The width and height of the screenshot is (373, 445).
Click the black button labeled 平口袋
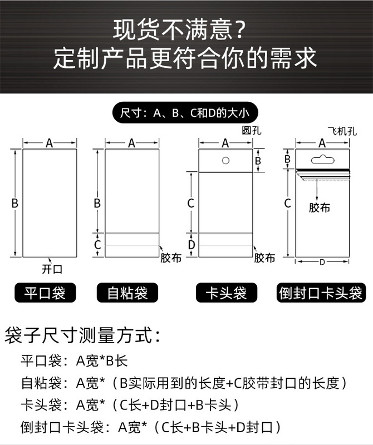44,293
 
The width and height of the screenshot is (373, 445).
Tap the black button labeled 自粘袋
127,293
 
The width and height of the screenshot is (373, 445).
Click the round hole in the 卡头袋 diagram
226,161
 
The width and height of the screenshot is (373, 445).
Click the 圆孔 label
251,131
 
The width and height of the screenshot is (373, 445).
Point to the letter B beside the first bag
15,204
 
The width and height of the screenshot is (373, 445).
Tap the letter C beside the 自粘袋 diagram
97,244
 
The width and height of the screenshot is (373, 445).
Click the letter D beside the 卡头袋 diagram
191,244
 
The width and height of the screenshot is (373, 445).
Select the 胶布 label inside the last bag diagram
320,208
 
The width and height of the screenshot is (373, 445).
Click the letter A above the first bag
49,144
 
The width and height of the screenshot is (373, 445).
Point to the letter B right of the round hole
258,161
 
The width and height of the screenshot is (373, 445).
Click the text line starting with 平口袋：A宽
74,360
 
